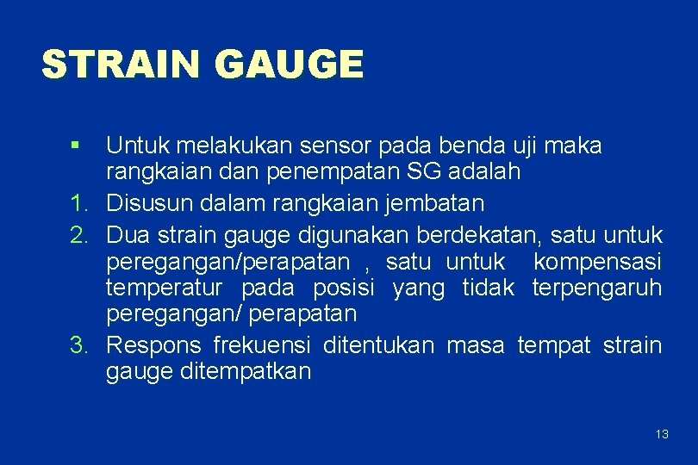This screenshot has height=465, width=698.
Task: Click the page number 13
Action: (662, 434)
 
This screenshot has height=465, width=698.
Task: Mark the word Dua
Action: (128, 233)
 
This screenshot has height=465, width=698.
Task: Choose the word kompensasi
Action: (597, 261)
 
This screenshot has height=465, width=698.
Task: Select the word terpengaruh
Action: (597, 288)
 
